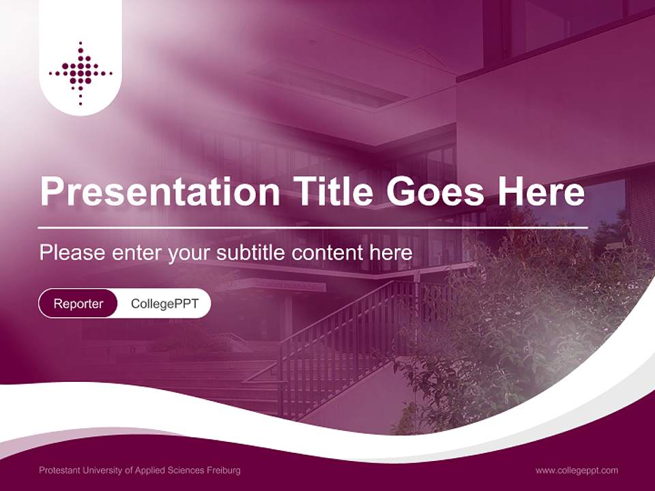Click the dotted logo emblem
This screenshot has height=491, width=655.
coord(81,72)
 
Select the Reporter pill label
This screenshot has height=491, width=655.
coord(78,303)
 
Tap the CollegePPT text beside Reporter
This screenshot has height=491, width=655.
coord(164,303)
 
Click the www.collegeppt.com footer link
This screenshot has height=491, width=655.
coord(577,471)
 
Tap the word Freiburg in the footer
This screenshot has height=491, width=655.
coord(225,471)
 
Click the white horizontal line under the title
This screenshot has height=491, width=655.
coord(314,227)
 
